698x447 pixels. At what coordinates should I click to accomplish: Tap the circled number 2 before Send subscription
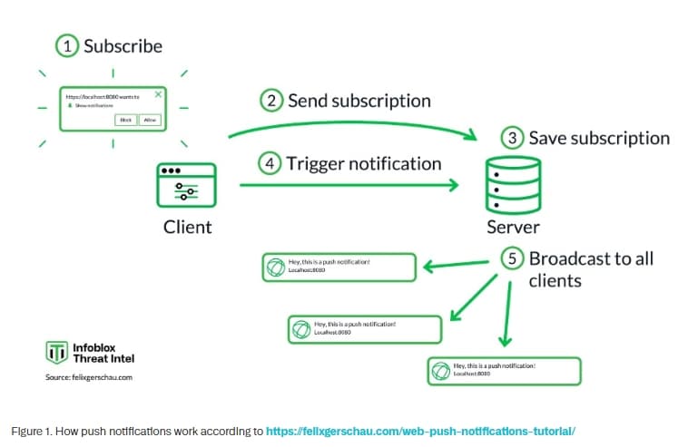(x=270, y=101)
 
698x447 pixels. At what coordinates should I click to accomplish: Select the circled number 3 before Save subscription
(x=513, y=138)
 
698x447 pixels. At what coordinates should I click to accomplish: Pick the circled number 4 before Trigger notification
(x=270, y=165)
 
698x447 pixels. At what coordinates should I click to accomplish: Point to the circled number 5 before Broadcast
(x=513, y=258)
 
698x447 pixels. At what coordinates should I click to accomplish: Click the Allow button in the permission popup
(x=150, y=119)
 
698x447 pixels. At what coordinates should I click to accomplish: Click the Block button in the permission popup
(x=126, y=119)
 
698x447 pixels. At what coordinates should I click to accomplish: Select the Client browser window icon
(x=186, y=189)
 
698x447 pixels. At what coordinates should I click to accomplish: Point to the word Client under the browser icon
(x=188, y=227)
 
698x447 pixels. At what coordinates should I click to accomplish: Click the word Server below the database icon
(x=513, y=227)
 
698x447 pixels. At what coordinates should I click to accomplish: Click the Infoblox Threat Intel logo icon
(x=56, y=352)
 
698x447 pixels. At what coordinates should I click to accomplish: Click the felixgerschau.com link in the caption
(x=420, y=431)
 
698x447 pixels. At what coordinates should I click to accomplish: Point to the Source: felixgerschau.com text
(x=89, y=377)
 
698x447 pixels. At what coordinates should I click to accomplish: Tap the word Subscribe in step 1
(x=123, y=46)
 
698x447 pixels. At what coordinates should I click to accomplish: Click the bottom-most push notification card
(x=504, y=370)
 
